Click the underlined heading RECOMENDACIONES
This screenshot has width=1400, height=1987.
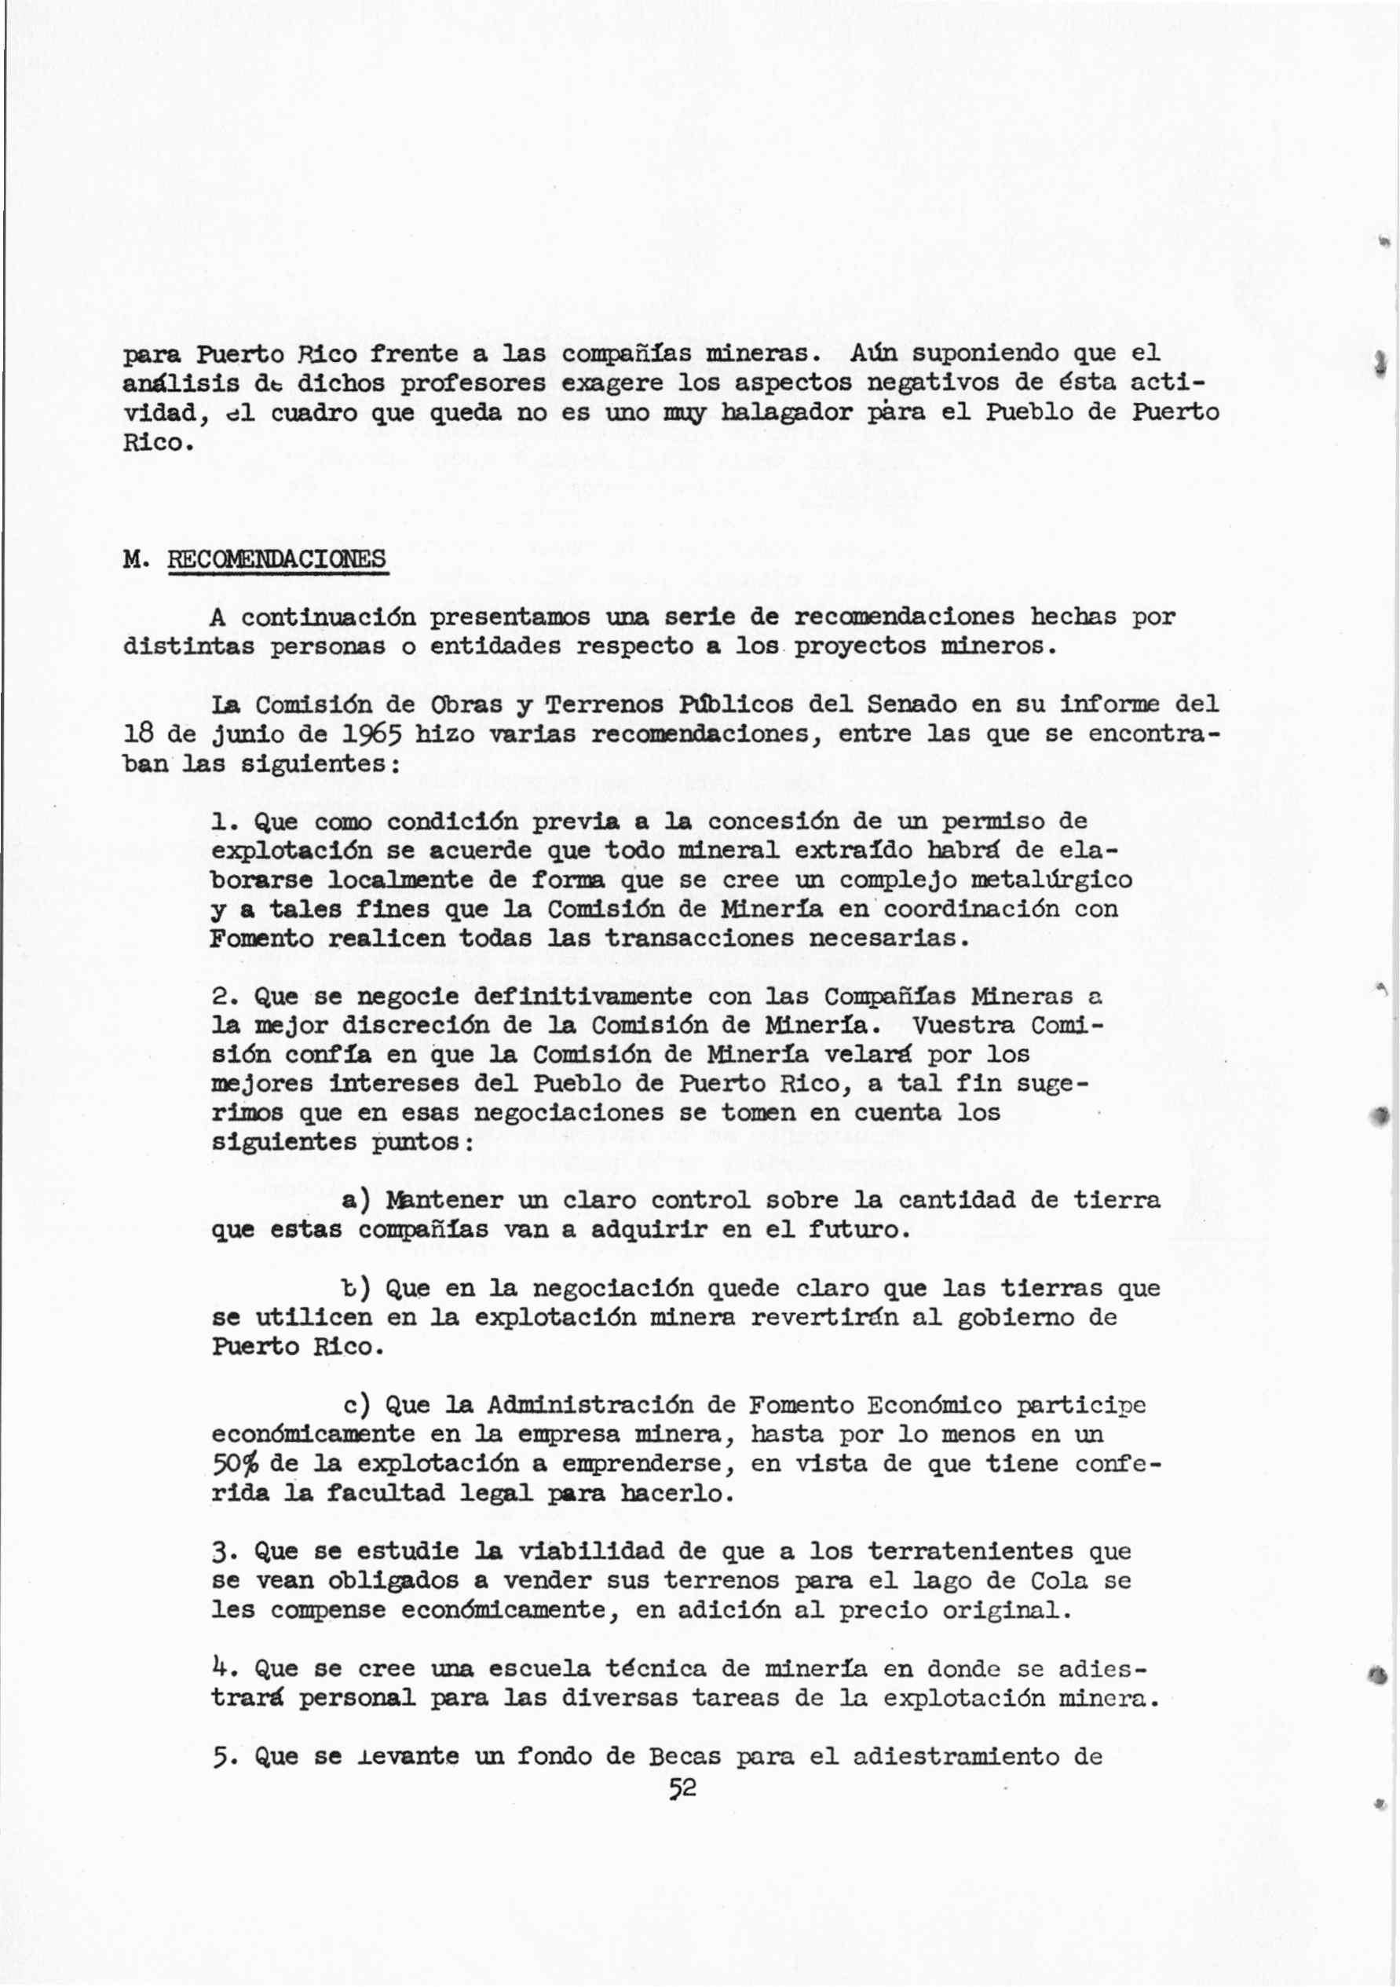277,559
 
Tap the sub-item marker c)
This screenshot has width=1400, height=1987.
356,1404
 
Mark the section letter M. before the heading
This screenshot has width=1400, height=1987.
134,559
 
